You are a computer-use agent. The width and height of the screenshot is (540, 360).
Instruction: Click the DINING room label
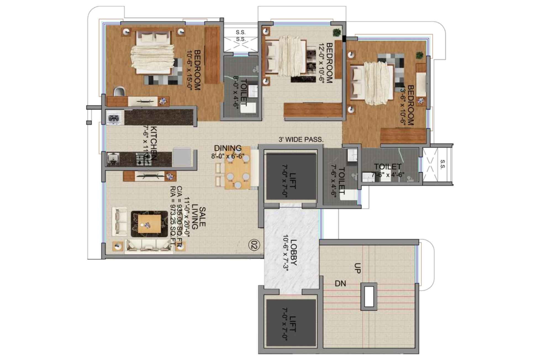click(x=228, y=148)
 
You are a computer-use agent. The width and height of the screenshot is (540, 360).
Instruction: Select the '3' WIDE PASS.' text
click(x=301, y=140)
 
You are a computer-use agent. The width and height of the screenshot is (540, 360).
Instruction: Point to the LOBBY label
click(x=293, y=252)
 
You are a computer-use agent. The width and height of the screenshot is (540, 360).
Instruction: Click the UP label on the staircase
click(x=357, y=268)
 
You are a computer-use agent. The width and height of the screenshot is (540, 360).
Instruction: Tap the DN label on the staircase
click(x=340, y=283)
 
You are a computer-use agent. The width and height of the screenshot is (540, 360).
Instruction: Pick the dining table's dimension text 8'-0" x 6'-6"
click(x=228, y=156)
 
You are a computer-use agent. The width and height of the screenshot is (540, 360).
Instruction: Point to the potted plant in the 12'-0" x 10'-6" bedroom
click(x=336, y=32)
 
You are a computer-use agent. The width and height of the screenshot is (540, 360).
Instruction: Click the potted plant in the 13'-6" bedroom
click(x=420, y=55)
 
